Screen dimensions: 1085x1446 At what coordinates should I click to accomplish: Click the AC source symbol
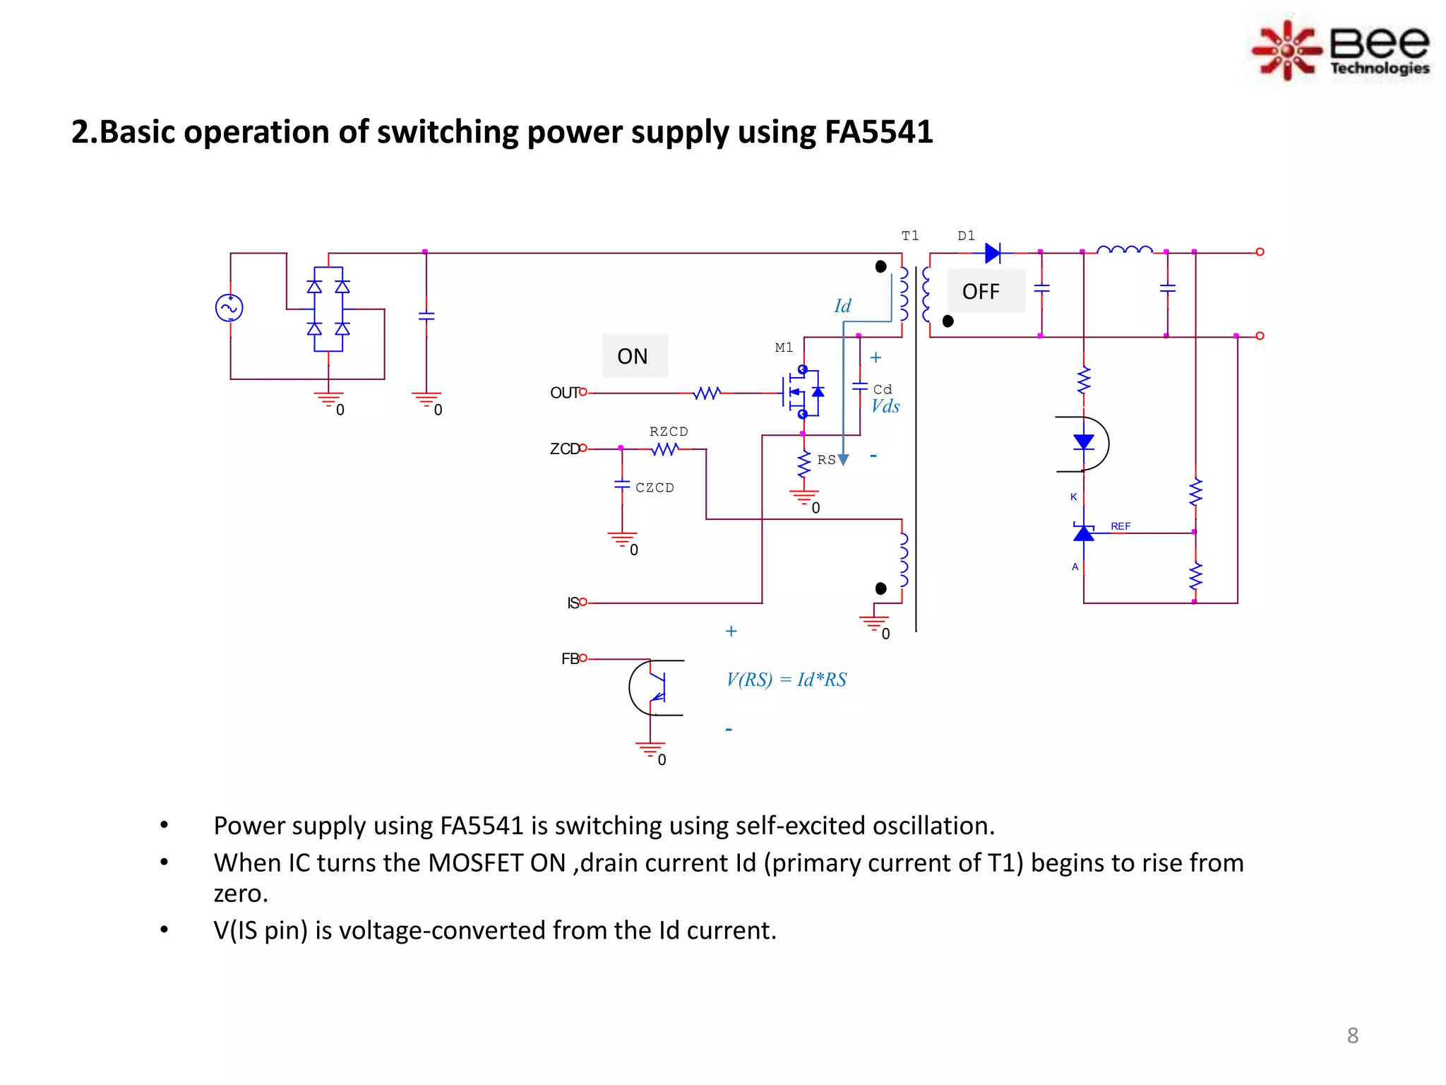[229, 308]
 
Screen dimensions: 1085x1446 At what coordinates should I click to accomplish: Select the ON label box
[634, 356]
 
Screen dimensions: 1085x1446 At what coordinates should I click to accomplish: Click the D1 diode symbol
[993, 253]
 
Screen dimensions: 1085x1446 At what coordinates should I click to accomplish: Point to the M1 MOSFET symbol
[801, 391]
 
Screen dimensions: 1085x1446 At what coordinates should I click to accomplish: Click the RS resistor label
[826, 460]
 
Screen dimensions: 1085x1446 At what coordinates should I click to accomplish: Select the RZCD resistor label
[669, 432]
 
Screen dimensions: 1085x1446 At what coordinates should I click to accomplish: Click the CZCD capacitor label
[655, 487]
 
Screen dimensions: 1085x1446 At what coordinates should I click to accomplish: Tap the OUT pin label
[564, 393]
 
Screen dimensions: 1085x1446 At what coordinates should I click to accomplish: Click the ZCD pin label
[564, 449]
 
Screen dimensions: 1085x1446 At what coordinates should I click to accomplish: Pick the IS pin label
[573, 603]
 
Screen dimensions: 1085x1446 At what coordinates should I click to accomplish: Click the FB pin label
[570, 659]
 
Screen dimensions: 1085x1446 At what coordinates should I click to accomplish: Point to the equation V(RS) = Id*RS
[786, 680]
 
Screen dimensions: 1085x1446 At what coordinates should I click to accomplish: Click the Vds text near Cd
[885, 407]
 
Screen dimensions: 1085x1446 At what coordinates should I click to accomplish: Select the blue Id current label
[842, 306]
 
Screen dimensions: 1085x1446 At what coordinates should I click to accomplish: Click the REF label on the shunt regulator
[1120, 526]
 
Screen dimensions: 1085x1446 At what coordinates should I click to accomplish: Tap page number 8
[1352, 1036]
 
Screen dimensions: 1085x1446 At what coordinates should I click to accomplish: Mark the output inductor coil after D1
[1125, 249]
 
